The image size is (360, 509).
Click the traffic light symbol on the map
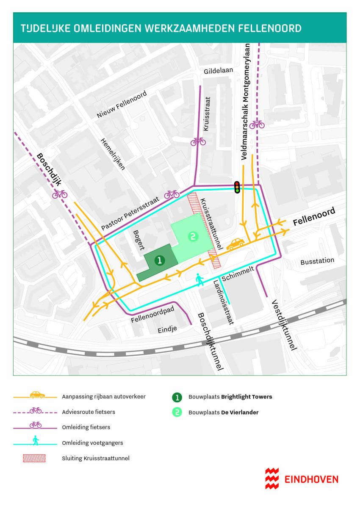point(237,187)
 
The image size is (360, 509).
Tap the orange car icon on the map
point(235,243)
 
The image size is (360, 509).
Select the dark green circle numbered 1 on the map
point(159,260)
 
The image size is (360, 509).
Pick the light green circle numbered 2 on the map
point(192,237)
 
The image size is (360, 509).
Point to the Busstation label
point(317,261)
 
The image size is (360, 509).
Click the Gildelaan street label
point(219,71)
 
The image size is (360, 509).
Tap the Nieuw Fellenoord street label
point(122,105)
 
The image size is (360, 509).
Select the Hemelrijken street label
point(112,154)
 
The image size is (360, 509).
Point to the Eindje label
point(165,328)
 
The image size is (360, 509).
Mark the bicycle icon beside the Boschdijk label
point(60,194)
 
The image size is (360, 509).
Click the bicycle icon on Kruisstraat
point(198,141)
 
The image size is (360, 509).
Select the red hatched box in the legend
point(36,458)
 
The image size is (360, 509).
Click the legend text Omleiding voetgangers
point(92,443)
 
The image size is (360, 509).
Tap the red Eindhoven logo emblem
point(272,479)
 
